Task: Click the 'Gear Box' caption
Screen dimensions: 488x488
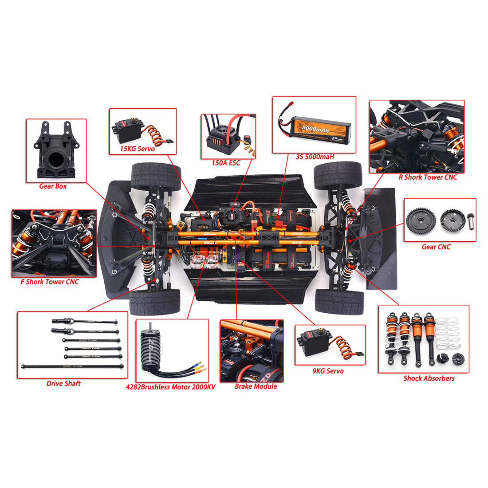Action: click(53, 186)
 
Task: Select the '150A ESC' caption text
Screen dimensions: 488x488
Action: click(226, 163)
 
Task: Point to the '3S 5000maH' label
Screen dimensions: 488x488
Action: click(315, 157)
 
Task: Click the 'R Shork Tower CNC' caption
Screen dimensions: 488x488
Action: click(428, 177)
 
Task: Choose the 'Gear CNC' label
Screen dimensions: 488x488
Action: click(436, 247)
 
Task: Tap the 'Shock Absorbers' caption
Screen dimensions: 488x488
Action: click(429, 378)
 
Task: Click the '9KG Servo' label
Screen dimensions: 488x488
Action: click(328, 371)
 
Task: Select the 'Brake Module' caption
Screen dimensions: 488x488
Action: click(256, 386)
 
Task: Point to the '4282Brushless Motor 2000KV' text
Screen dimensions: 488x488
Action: click(170, 387)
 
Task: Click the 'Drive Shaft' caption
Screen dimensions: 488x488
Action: click(63, 383)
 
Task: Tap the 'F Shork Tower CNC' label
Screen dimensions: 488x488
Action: click(50, 282)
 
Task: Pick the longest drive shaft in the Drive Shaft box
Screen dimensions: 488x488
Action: click(72, 366)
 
